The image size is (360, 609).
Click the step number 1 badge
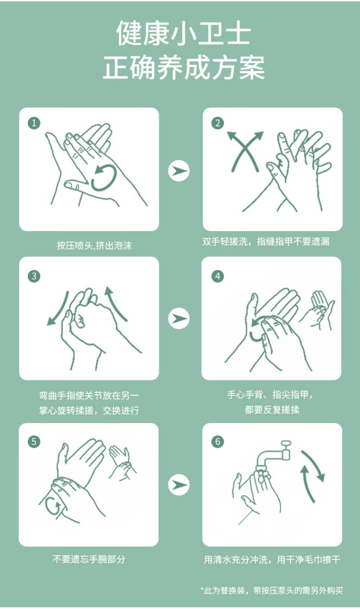34,123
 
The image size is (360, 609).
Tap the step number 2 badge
217,123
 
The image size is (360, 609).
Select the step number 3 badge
34,277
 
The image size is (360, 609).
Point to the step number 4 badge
217,277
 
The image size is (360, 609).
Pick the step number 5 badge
34,441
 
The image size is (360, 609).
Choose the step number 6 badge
217,441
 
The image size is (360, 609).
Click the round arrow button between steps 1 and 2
179,171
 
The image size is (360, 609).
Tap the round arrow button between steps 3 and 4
179,318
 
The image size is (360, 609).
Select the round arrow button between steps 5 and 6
179,484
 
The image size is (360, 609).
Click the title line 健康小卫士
183,33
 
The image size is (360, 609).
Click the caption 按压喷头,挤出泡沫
94,245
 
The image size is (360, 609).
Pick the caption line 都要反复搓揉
272,410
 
